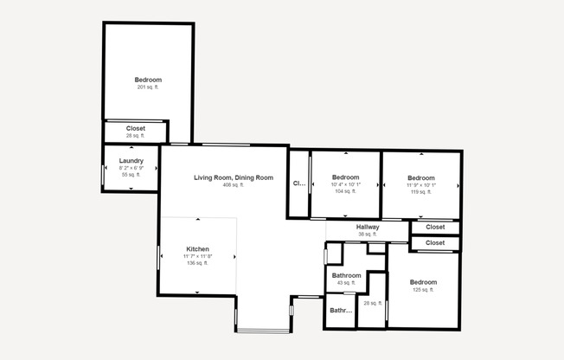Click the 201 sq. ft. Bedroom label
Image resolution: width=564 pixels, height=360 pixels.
[148, 80]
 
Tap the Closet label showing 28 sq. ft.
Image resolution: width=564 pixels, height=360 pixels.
[136, 128]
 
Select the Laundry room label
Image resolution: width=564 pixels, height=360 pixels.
[131, 160]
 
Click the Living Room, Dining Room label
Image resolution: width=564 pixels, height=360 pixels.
[233, 177]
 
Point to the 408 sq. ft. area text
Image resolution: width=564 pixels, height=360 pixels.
[233, 185]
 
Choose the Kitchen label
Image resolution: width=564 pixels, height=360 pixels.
[197, 248]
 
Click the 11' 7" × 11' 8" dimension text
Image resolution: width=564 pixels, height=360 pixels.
[197, 256]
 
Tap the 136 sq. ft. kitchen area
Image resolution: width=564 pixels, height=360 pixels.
[197, 263]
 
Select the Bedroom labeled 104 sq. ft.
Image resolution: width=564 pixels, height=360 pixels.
[345, 177]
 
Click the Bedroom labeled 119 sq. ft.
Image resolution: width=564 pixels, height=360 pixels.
[421, 177]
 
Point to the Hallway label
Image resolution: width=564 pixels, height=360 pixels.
[368, 227]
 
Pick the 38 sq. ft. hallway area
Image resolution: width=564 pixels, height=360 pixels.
[368, 234]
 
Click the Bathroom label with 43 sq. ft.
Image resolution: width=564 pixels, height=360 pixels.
[345, 276]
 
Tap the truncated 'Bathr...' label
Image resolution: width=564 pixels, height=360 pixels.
[341, 310]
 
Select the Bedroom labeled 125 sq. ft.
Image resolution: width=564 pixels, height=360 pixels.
[423, 282]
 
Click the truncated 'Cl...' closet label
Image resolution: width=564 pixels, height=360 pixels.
[298, 183]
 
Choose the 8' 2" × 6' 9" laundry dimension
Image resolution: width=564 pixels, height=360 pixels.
[131, 168]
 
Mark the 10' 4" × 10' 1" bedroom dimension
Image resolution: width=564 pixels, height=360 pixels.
[345, 184]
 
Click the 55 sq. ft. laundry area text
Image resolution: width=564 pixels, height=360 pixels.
[131, 175]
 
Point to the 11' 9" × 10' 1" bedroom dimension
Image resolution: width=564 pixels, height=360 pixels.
[421, 184]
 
